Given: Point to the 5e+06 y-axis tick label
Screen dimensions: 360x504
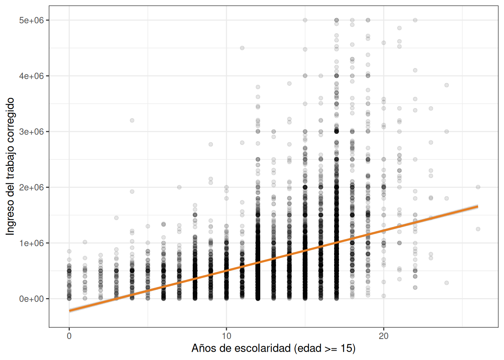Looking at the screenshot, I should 31,20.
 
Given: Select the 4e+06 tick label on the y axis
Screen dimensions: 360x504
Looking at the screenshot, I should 31,76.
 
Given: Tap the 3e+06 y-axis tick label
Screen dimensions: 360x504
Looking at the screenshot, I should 31,132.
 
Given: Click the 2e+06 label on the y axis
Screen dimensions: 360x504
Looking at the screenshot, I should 31,187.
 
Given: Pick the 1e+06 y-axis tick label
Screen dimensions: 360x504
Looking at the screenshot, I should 31,243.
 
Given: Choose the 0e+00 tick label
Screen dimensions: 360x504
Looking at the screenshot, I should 31,299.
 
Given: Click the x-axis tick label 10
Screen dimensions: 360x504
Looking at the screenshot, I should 226,336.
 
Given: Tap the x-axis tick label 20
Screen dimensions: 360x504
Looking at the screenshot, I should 384,336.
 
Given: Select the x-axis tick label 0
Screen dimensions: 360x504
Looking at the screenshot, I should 69,336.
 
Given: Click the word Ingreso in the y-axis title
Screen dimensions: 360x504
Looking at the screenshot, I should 10,217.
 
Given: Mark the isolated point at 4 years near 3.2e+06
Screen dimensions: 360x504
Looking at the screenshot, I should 132,120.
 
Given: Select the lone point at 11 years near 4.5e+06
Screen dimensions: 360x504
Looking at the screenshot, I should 242,48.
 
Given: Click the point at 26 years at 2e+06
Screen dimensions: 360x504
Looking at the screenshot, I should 478,187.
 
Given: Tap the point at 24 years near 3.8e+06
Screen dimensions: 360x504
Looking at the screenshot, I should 447,85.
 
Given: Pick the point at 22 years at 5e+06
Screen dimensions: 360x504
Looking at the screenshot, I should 415,20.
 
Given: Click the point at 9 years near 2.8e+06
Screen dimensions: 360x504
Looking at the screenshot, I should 211,144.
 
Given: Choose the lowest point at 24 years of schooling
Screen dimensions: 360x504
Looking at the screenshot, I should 447,283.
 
